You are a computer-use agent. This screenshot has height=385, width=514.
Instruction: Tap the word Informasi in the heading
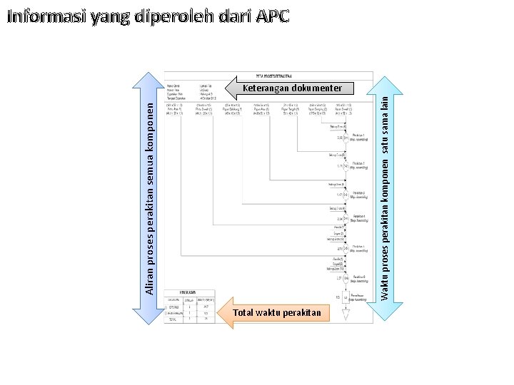click(x=47, y=16)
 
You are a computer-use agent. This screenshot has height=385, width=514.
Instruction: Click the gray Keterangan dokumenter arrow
click(x=286, y=88)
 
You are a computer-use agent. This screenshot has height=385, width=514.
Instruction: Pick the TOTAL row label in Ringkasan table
click(x=173, y=319)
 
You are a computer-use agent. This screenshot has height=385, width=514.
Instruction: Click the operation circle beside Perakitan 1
click(x=346, y=137)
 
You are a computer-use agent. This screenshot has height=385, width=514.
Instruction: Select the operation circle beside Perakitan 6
click(x=346, y=278)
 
